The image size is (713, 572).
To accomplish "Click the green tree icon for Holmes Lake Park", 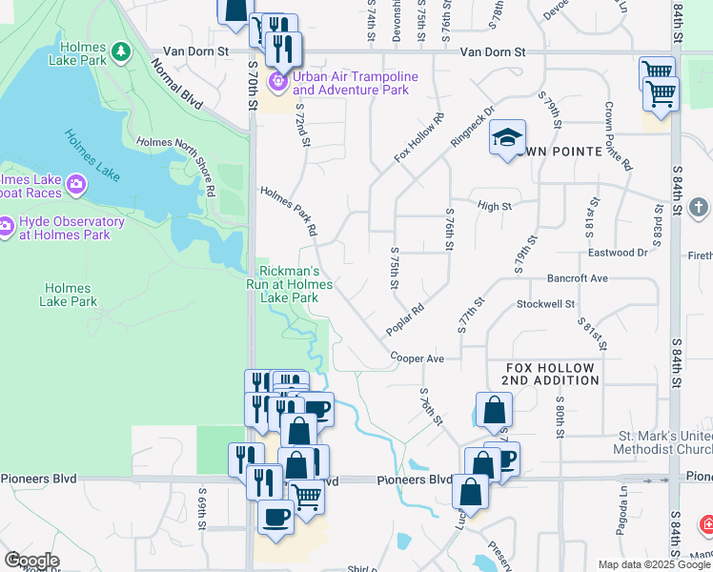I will (120, 50).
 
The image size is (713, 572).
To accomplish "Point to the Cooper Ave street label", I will (418, 358).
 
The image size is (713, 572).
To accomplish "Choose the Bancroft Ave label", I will (577, 278).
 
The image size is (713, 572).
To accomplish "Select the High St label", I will (495, 205).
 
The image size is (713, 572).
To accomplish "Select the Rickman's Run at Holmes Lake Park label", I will (296, 284).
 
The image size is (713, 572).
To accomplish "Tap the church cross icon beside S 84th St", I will (699, 207).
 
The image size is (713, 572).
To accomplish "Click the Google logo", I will (31, 561).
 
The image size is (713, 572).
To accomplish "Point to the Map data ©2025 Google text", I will (653, 564).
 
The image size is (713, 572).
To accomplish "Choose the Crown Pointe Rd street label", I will (617, 137).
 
